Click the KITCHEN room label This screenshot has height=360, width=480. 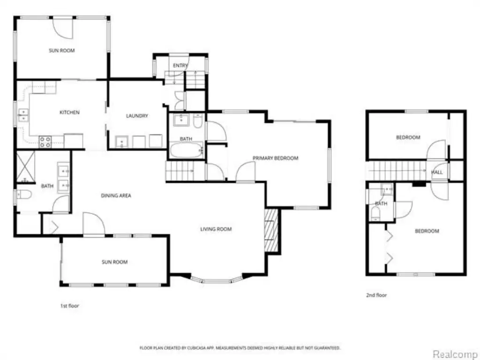(x=69, y=112)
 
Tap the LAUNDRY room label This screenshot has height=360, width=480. (x=137, y=116)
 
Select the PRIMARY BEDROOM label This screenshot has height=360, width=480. (x=276, y=158)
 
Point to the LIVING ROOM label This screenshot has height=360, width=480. (x=216, y=229)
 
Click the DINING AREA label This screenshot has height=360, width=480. (x=116, y=195)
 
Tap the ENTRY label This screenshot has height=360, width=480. (x=180, y=66)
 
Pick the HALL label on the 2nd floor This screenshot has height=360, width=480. (x=437, y=172)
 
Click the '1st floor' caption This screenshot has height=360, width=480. (x=69, y=306)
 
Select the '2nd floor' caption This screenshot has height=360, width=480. (x=376, y=295)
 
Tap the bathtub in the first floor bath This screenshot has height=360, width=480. (x=187, y=150)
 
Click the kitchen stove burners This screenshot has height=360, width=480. (x=45, y=142)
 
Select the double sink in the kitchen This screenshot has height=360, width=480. (x=23, y=115)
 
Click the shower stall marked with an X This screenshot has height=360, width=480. (x=25, y=167)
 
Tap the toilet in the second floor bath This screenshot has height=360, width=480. (x=375, y=213)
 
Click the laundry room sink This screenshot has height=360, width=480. (x=121, y=142)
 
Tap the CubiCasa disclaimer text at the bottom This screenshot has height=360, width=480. (x=240, y=348)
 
